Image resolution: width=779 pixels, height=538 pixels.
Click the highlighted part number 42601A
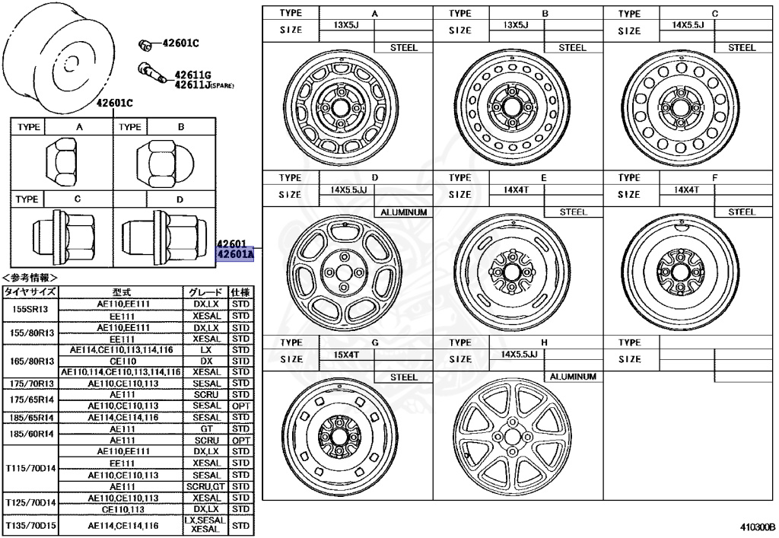[234, 256]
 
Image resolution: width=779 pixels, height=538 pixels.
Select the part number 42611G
[191, 75]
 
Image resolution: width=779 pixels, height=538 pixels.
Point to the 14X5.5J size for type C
[688, 25]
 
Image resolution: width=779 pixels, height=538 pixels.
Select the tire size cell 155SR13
[30, 310]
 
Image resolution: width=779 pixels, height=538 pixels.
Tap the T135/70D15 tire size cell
[30, 525]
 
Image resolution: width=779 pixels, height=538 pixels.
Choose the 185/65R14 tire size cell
[30, 418]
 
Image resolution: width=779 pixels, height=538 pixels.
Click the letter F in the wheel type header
[714, 178]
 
